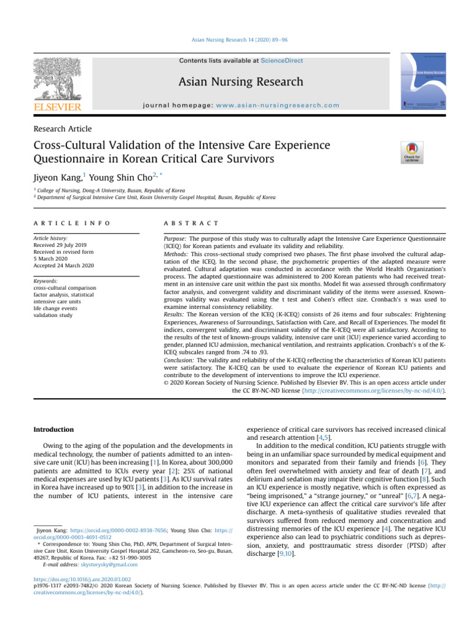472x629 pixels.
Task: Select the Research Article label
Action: (62, 128)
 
